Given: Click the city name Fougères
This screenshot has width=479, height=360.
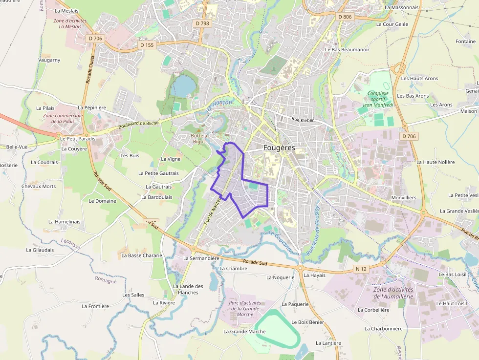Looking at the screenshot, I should pos(280,148).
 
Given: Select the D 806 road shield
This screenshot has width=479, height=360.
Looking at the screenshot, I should pos(345,17).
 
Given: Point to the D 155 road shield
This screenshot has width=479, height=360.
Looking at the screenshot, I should pos(147,45).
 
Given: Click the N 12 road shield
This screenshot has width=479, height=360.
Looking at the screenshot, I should pos(361,269).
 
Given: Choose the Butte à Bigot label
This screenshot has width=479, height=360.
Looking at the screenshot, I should pos(199,138).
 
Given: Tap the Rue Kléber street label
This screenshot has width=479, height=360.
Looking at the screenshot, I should pos(303,120).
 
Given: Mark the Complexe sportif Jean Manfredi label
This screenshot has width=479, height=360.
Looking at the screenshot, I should pos(378,100).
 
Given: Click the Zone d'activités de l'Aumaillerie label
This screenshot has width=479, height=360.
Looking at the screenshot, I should pos(393,293).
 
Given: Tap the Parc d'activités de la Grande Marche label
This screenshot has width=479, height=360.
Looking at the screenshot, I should pos(245,308).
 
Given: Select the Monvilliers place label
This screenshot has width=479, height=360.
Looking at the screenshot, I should pos(404,197).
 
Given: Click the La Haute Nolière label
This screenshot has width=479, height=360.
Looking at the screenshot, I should pos(435,162).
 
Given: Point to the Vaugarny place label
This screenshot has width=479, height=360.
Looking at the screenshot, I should pos(49,60).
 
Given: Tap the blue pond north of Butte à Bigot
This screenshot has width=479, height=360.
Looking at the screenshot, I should pos(183,85).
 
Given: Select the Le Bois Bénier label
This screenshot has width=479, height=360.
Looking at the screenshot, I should pos(307,322).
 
